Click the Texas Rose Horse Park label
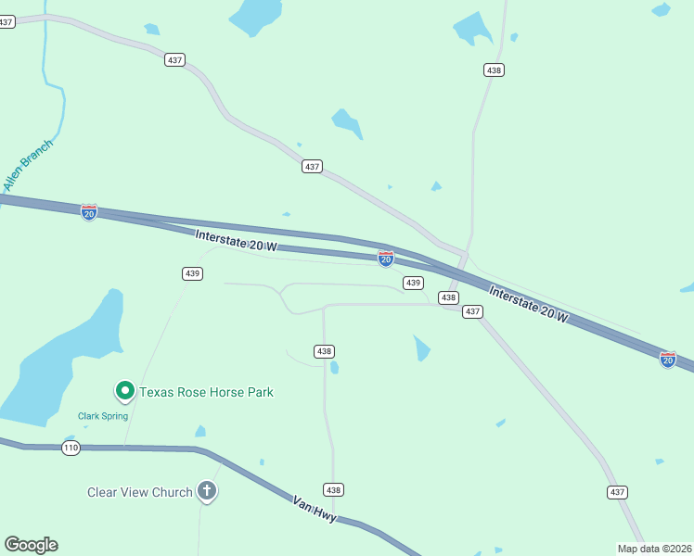[206, 392]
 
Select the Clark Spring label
[102, 416]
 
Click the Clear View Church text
[139, 492]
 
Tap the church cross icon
[207, 492]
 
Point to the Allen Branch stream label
[29, 165]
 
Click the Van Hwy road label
[313, 509]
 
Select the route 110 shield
[71, 448]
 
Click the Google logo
[31, 544]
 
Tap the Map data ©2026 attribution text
[654, 549]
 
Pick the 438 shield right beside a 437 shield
[449, 297]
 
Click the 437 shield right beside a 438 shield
[472, 311]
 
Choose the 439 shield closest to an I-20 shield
[413, 283]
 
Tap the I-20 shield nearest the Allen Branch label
[89, 212]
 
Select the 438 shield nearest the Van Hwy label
[334, 489]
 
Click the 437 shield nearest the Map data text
[618, 491]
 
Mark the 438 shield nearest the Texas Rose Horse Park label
[324, 351]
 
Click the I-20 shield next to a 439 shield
[386, 259]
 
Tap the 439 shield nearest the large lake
[192, 273]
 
